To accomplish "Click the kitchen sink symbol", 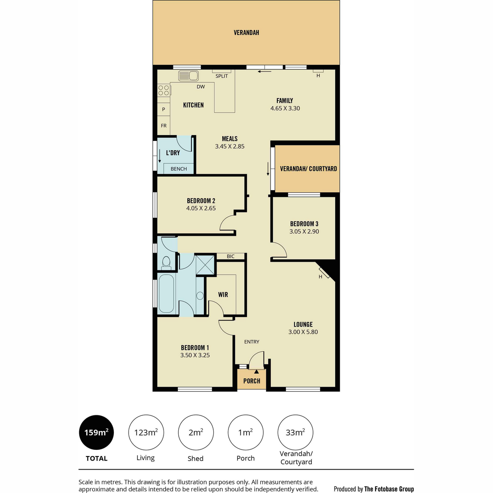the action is click(188, 76).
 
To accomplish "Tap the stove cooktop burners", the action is click(164, 90).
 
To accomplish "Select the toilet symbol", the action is click(166, 263).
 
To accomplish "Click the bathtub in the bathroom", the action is click(166, 294).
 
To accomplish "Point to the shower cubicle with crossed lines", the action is click(205, 265).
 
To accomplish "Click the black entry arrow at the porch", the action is click(256, 371).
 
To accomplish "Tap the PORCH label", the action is click(251, 381).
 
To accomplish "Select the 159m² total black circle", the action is click(97, 432).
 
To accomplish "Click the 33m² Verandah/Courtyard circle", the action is click(295, 432).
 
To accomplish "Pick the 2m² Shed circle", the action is click(196, 432).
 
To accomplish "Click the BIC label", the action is click(230, 256).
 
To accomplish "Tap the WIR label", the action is click(223, 295).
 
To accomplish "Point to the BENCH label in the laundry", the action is click(179, 169).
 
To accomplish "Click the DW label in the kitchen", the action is click(200, 87).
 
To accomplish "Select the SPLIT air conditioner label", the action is click(221, 76).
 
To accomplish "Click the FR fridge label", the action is click(164, 126).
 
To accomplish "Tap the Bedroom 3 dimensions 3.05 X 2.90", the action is click(304, 232).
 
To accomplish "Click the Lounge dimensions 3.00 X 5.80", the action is click(303, 332).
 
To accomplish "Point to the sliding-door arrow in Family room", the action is click(265, 71).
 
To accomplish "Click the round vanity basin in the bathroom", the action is click(200, 296).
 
